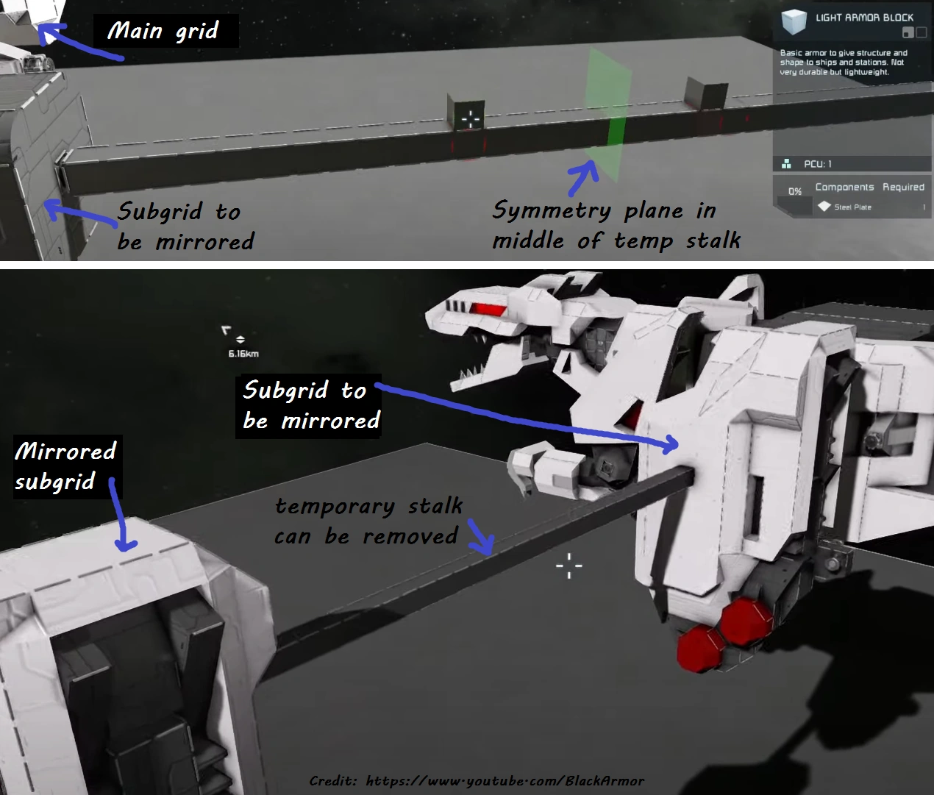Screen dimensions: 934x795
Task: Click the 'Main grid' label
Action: (x=163, y=31)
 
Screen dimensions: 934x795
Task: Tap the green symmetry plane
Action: (x=607, y=113)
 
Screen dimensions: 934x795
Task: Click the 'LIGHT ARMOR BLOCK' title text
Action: (x=864, y=18)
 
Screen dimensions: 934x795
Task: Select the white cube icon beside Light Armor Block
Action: (x=794, y=21)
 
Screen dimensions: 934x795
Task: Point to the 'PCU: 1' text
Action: (x=817, y=164)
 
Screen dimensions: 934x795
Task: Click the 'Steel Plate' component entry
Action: (x=852, y=207)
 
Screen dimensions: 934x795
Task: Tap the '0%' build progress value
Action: (x=795, y=191)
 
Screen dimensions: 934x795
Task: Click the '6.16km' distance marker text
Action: (x=243, y=354)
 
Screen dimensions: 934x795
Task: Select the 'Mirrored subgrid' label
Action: (x=65, y=466)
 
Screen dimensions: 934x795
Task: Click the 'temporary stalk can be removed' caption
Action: (x=368, y=521)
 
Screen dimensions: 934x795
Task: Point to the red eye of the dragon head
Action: (x=488, y=310)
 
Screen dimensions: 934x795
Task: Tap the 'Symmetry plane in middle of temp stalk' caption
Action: (x=616, y=224)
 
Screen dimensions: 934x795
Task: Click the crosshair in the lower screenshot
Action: (x=569, y=566)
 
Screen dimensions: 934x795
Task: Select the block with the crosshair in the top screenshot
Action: (x=466, y=113)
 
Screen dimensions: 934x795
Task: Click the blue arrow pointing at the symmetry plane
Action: (x=583, y=178)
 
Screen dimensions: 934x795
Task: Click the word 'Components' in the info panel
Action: (x=844, y=187)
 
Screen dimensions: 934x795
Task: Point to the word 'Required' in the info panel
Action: (x=903, y=187)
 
